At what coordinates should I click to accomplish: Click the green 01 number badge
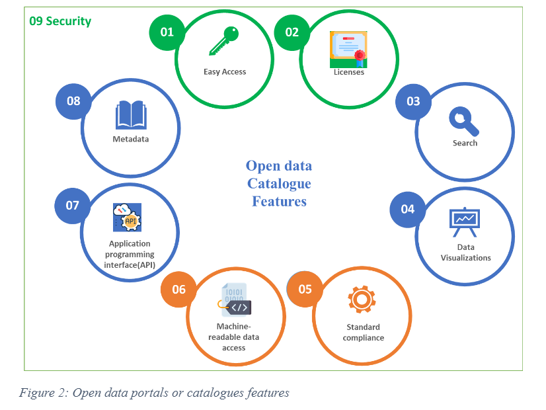[x=167, y=32]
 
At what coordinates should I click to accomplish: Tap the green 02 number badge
[x=292, y=32]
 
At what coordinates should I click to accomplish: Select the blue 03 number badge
[x=413, y=101]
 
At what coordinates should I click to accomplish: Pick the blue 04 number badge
[x=407, y=210]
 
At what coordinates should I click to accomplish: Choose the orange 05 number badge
[x=305, y=289]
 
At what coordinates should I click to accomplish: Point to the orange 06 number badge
[x=178, y=290]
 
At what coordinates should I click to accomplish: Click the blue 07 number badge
[x=73, y=206]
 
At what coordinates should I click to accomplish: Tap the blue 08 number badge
[x=73, y=101]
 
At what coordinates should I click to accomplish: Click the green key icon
[x=223, y=41]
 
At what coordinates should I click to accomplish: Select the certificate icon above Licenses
[x=348, y=50]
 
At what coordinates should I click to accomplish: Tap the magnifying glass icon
[x=464, y=121]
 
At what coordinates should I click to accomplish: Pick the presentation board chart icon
[x=465, y=222]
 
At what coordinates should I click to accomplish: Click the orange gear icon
[x=362, y=299]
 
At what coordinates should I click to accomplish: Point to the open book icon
[x=131, y=115]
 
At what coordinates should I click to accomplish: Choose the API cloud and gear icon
[x=127, y=218]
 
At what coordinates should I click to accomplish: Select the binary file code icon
[x=235, y=300]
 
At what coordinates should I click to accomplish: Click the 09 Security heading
[x=60, y=21]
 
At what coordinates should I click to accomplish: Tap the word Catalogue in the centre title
[x=279, y=184]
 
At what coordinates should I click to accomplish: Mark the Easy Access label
[x=225, y=72]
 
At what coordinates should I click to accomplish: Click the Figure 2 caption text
[x=154, y=393]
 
